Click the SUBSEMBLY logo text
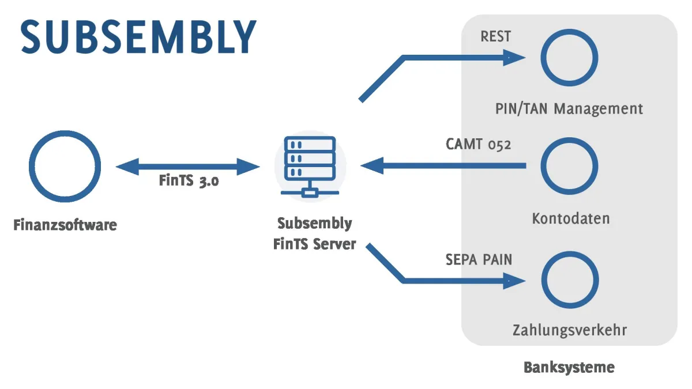(x=138, y=37)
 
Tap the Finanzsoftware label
(x=65, y=225)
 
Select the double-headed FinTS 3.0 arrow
(x=188, y=167)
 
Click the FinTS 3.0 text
(x=189, y=181)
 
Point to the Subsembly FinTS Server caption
(x=314, y=233)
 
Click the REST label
(x=495, y=37)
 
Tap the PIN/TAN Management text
(x=569, y=108)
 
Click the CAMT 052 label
(x=478, y=144)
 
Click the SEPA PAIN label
(x=479, y=259)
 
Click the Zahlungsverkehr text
(x=569, y=331)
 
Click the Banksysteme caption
(x=569, y=367)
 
